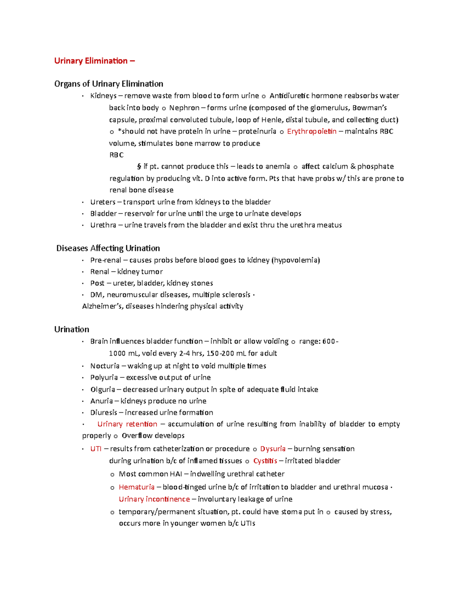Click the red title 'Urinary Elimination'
point(91,61)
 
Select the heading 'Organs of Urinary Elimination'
point(109,84)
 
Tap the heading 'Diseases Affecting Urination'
point(108,248)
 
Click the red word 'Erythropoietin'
point(311,132)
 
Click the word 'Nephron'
point(184,108)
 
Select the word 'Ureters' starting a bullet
point(103,202)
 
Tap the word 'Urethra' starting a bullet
point(103,225)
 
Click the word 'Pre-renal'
point(106,260)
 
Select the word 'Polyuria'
point(104,378)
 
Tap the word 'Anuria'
point(101,401)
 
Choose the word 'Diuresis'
point(103,413)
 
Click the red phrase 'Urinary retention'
point(127,424)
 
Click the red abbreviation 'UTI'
point(96,449)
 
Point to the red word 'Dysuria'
point(273,449)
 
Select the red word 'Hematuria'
point(136,487)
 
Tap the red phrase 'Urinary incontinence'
point(154,499)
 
